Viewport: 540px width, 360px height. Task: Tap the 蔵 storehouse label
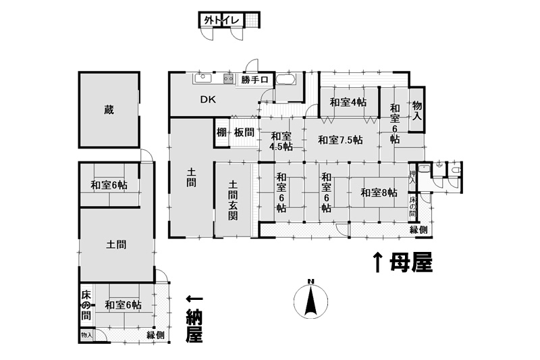[109, 110]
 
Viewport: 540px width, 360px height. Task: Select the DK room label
[208, 99]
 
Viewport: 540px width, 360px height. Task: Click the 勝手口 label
[254, 80]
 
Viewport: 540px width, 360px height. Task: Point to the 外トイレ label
[221, 20]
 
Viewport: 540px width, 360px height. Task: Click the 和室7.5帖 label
[340, 140]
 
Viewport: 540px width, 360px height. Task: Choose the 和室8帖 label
[379, 192]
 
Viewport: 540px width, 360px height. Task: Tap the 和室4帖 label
[348, 102]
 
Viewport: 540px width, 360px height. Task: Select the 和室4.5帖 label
[281, 141]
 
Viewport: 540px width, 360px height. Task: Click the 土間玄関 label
[233, 200]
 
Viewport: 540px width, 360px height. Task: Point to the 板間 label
[244, 132]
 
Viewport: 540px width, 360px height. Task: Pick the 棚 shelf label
[221, 132]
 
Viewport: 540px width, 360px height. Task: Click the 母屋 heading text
[411, 263]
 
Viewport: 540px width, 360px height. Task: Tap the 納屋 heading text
[194, 326]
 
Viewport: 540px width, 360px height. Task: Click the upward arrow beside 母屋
[378, 262]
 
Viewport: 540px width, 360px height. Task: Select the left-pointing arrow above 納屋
[194, 299]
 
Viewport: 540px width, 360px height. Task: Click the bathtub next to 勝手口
[285, 79]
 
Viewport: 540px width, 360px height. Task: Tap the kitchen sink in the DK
[203, 78]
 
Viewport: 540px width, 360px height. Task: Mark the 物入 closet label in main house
[417, 110]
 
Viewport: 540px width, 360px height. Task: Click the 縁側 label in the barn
[156, 335]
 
